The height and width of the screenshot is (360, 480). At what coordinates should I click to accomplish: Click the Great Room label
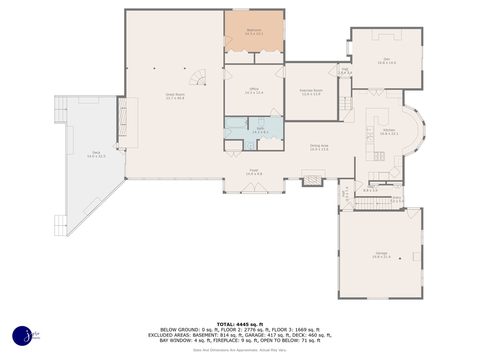point(175,94)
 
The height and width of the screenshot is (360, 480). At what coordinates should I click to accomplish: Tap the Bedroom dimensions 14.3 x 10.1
point(254,34)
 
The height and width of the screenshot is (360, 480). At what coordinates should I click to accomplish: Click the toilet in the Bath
point(261,121)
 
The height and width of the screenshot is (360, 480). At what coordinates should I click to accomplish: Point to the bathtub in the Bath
point(236,122)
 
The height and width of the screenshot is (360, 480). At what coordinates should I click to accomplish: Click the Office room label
point(254,89)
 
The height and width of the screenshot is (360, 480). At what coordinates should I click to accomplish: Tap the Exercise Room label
point(311,90)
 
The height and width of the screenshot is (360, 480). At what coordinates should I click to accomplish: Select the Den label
point(387,59)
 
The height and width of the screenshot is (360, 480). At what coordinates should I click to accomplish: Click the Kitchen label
point(389,130)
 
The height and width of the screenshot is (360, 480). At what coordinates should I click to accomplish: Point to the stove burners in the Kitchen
point(379,156)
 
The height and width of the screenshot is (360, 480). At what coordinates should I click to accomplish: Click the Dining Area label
point(319,146)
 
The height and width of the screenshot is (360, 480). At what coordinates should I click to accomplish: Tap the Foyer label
point(254,170)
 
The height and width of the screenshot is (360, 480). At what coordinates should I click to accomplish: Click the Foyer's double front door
point(254,188)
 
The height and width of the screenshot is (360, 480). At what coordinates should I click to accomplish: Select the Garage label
point(381,253)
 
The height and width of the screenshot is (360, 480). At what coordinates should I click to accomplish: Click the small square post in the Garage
point(400,259)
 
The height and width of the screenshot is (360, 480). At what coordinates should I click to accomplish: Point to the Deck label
point(96,153)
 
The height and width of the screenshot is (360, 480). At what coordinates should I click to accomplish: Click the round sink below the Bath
point(250,146)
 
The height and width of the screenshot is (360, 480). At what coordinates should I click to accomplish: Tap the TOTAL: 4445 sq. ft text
point(240,324)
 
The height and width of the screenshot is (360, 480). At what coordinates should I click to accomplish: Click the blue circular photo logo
point(23,336)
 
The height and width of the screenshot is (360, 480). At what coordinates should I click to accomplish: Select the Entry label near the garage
point(397,197)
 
